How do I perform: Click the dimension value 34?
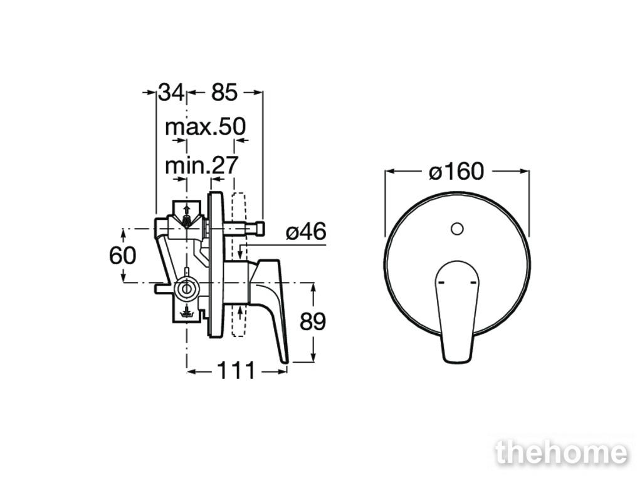pyautogui.click(x=172, y=92)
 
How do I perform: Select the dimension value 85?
pyautogui.click(x=224, y=92)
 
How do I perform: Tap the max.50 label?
pyautogui.click(x=205, y=127)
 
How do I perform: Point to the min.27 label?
pyautogui.click(x=201, y=165)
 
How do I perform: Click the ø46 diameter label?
pyautogui.click(x=306, y=232)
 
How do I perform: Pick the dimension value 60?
pyautogui.click(x=122, y=256)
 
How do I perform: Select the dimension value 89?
pyautogui.click(x=313, y=321)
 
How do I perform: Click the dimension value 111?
pyautogui.click(x=236, y=371)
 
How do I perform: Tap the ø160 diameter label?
pyautogui.click(x=456, y=171)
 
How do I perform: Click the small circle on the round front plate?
pyautogui.click(x=457, y=228)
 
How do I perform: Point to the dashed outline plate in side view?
pyautogui.click(x=238, y=264)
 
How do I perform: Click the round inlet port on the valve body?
pyautogui.click(x=186, y=289)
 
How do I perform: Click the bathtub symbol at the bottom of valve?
pyautogui.click(x=186, y=313)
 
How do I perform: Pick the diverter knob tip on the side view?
pyautogui.click(x=260, y=228)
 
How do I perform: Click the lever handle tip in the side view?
pyautogui.click(x=285, y=360)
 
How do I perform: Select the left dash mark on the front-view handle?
pyautogui.click(x=441, y=282)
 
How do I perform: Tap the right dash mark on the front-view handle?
pyautogui.click(x=473, y=282)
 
